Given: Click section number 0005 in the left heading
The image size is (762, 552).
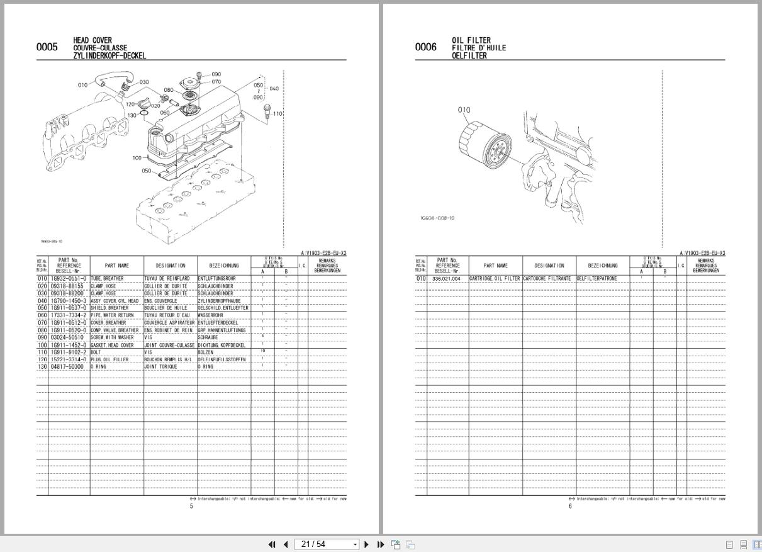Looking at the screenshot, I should (47, 47).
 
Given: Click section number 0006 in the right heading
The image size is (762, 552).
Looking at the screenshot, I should (425, 47).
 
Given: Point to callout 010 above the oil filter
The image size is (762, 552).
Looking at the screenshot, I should (464, 110).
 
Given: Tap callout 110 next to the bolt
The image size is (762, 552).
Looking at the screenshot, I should (278, 114).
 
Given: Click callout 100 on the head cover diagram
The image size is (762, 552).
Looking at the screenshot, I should (137, 158).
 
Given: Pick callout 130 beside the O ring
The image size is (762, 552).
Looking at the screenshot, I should (132, 115).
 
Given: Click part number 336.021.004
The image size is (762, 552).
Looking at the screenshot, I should (446, 278).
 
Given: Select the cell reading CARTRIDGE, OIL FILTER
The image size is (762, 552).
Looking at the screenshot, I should (495, 278).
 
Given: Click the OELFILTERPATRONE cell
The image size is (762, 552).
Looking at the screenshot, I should (597, 278).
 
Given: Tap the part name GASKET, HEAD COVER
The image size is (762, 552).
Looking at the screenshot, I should (112, 345).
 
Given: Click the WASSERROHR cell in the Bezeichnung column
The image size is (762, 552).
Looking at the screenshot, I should (211, 315).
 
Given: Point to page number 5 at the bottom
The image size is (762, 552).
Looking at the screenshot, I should (192, 506).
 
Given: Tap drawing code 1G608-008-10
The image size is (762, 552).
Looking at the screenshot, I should (437, 218).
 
